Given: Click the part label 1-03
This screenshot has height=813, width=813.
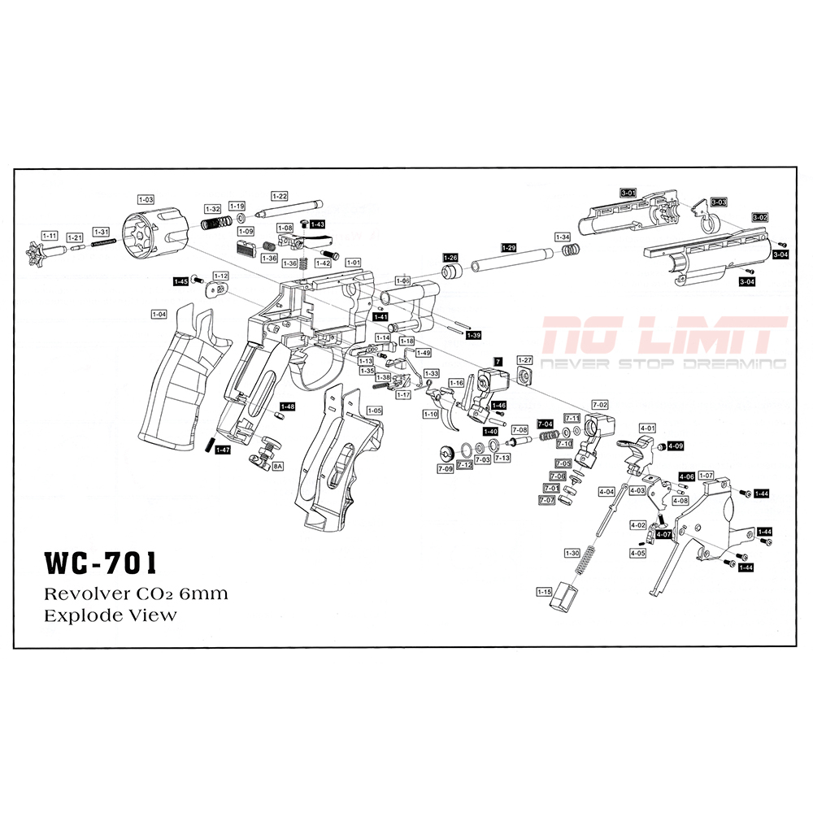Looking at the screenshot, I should (x=146, y=199).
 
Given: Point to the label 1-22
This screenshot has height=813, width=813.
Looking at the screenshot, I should (x=279, y=196).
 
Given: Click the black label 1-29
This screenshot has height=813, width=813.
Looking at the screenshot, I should (x=509, y=247).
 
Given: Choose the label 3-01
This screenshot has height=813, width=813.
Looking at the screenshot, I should (x=628, y=192).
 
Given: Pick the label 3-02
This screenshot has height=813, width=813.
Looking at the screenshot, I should (x=759, y=217).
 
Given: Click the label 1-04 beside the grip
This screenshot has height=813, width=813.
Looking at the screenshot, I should (x=159, y=314).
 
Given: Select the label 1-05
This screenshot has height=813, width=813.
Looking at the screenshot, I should (x=374, y=411).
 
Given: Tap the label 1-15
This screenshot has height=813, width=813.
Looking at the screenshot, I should (x=545, y=591).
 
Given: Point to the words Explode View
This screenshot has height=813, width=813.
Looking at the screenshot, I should (x=110, y=615).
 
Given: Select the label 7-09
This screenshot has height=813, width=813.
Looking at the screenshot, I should (x=445, y=469).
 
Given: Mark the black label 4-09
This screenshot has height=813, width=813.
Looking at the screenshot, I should (x=676, y=446).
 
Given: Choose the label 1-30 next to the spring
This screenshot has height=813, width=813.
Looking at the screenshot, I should (x=571, y=553).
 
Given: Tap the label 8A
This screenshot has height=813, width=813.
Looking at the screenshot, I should (x=277, y=467).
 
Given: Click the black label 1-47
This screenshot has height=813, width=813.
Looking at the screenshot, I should (x=223, y=450).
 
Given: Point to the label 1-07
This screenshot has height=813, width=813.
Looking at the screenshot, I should (x=706, y=475).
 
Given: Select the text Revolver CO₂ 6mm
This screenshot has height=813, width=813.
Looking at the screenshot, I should (x=136, y=593).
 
